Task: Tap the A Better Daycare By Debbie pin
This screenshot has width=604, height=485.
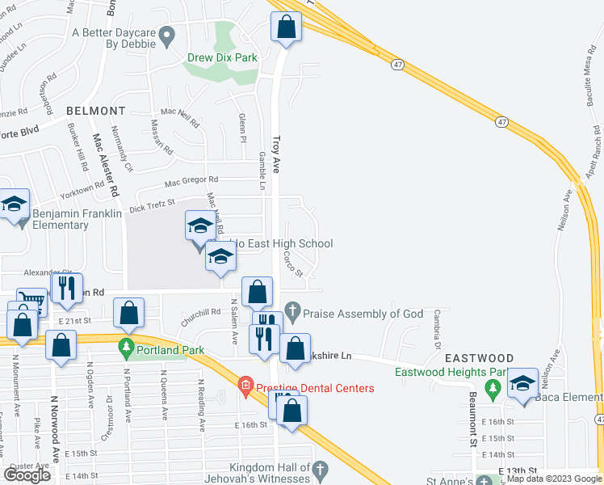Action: (167, 34)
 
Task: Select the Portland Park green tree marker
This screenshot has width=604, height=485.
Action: (126, 348)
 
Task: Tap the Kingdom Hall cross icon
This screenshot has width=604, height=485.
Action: (320, 468)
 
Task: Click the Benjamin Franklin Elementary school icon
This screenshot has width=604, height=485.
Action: (15, 206)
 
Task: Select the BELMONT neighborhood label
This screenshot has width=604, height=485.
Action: (96, 111)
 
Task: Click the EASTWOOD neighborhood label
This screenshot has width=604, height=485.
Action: (483, 358)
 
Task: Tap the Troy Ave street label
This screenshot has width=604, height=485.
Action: (275, 154)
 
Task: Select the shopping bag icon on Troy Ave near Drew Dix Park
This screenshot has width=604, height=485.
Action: (286, 26)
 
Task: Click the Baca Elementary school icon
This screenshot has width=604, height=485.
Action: (522, 383)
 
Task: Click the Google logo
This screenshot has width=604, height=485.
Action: (27, 474)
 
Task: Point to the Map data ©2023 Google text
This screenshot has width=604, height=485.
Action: (555, 479)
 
